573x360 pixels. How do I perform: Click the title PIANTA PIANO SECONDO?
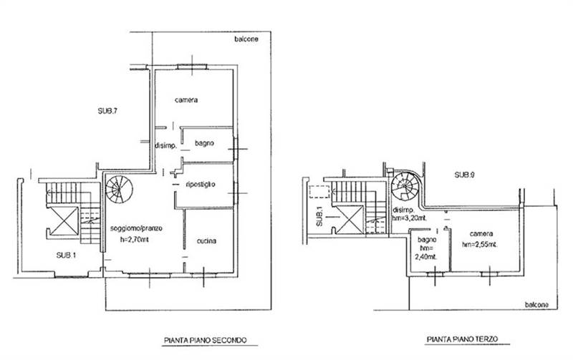(x=206, y=340)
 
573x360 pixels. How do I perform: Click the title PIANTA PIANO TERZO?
(x=462, y=339)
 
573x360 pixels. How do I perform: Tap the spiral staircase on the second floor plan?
(x=119, y=189)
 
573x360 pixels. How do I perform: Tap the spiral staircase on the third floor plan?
(x=405, y=186)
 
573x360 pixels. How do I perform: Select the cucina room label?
(x=206, y=241)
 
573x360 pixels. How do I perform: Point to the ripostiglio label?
(x=201, y=184)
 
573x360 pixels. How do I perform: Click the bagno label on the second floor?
(x=204, y=143)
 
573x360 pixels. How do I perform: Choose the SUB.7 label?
(x=107, y=112)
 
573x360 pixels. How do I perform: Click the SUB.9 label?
(x=464, y=175)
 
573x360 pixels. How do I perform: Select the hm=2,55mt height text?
(x=480, y=245)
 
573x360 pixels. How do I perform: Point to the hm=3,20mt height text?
(x=410, y=218)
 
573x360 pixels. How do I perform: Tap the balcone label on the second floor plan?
(x=246, y=39)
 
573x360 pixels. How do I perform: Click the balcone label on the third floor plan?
(x=536, y=304)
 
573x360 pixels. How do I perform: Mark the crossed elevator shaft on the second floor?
(x=64, y=221)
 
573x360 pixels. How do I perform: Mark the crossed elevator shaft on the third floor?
(x=350, y=220)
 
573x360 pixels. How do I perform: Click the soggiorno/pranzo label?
(x=136, y=229)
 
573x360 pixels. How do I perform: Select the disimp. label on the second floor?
(x=166, y=146)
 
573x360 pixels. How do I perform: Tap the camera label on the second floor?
(x=186, y=100)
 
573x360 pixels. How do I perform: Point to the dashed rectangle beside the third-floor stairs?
(x=319, y=192)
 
